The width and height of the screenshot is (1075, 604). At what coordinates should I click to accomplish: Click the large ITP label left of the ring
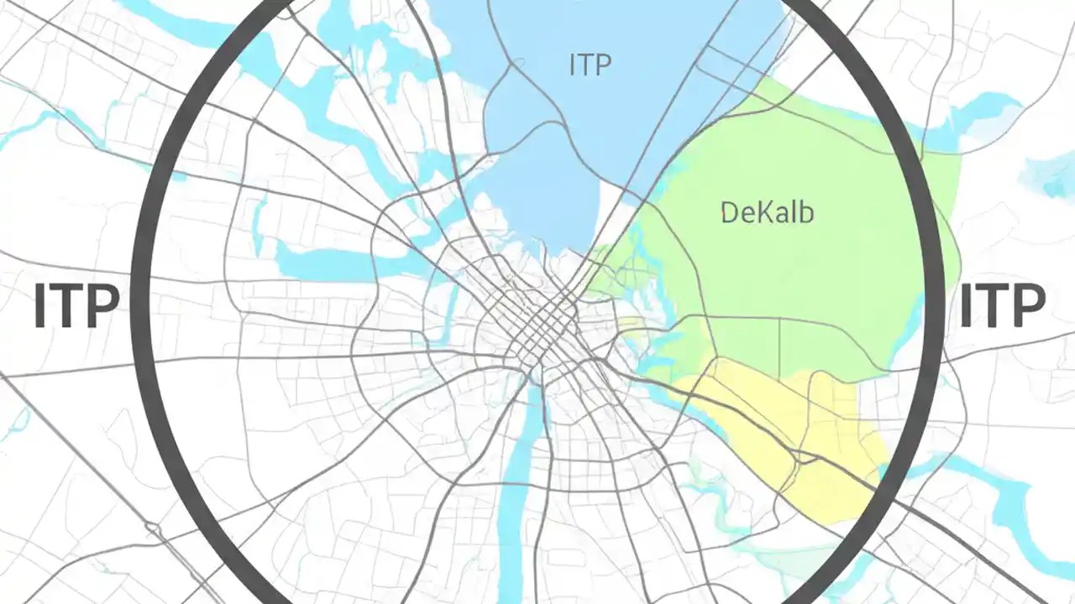(76, 306)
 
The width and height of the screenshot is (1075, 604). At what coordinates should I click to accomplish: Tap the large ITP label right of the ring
(1002, 306)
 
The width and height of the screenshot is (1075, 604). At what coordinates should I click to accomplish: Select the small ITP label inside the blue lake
(590, 65)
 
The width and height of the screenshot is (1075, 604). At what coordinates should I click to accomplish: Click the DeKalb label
(767, 212)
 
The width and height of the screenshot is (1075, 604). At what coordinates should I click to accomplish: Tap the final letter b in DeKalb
(806, 212)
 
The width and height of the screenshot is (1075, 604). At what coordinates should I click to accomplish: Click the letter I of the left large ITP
(40, 306)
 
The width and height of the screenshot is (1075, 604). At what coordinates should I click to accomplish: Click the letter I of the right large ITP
(966, 306)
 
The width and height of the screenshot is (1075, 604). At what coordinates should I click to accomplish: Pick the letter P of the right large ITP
(1028, 306)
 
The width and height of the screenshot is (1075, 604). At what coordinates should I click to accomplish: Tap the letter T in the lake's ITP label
(590, 65)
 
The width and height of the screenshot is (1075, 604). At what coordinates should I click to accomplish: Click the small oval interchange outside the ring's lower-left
(153, 528)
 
